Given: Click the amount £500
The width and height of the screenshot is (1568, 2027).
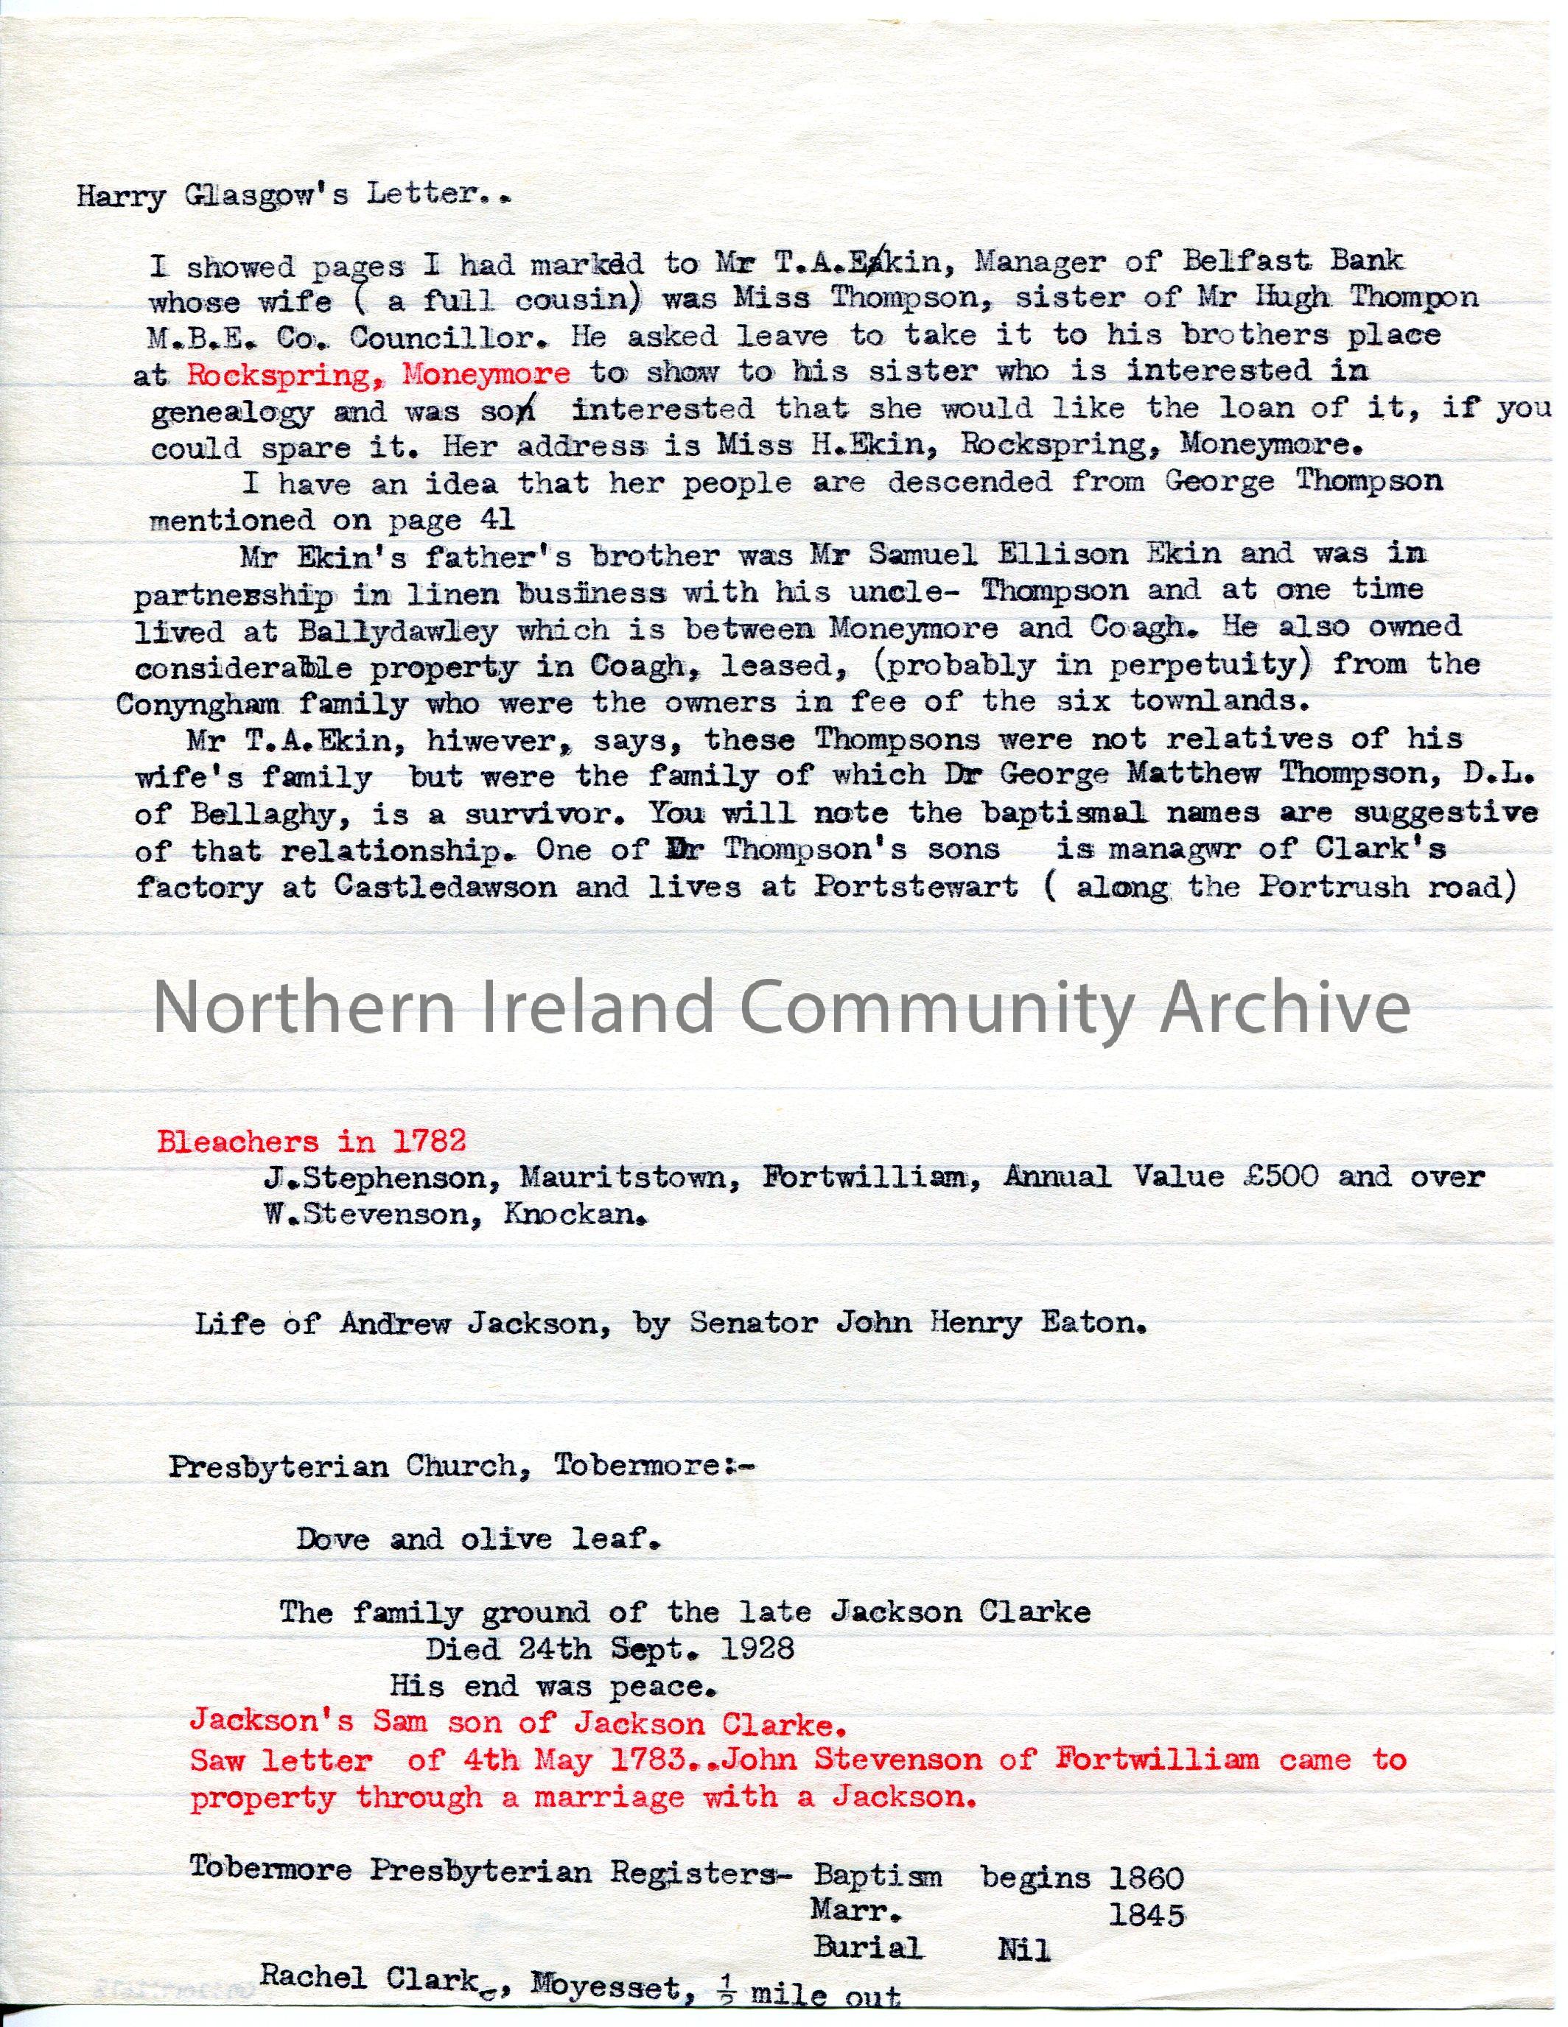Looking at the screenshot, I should click(1279, 1177).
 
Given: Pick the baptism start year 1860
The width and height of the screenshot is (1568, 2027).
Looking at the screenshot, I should click(1147, 1874).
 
